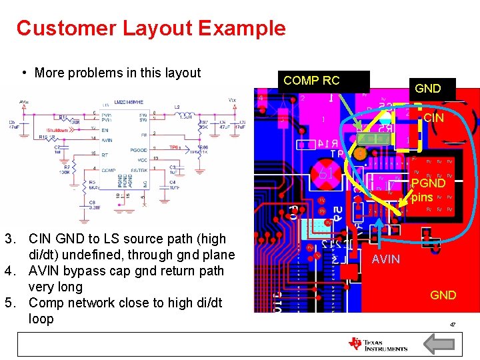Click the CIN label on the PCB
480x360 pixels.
433,118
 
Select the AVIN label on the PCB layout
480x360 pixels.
386,259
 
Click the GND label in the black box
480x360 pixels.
427,88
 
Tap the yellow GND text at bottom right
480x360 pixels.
443,295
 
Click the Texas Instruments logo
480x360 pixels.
377,344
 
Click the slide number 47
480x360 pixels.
452,325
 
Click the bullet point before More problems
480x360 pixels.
24,73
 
